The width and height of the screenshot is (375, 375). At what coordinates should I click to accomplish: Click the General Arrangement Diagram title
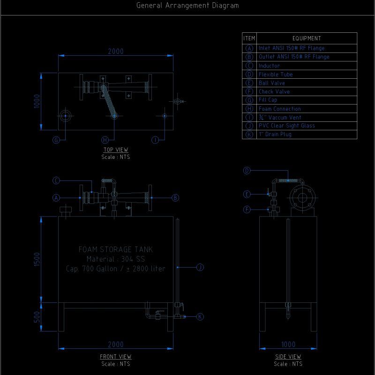coord(187,6)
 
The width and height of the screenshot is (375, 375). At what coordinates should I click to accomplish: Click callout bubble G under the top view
coord(56,140)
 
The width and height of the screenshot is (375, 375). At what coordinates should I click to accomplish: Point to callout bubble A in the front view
coord(56,198)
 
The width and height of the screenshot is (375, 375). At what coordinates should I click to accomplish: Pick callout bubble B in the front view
coord(175,198)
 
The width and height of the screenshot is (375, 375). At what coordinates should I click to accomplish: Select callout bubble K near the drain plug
coord(200,317)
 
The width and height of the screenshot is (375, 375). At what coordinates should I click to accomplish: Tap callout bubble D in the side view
coord(247,171)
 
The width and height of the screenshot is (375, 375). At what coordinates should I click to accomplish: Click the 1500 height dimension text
coord(37,260)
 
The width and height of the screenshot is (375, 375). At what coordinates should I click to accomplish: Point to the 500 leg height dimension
coord(37,317)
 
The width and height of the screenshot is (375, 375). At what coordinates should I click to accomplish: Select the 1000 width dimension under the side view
coord(288,345)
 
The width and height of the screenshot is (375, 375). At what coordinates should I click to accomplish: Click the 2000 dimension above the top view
coord(116,52)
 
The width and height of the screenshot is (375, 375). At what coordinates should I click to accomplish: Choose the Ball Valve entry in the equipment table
coord(272,83)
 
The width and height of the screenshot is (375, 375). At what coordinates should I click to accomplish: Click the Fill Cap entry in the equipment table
coord(268,100)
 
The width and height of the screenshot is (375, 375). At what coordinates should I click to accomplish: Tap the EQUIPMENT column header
coord(307,38)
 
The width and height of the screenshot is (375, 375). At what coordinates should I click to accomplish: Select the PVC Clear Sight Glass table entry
coord(287,126)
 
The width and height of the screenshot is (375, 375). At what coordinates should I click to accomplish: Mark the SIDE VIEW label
coord(288,357)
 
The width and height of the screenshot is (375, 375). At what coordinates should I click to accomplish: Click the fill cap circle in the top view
coord(66,116)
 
